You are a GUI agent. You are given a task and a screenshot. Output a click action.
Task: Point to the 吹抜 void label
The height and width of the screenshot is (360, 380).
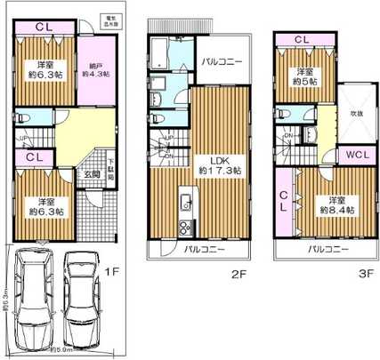click(x=353, y=113)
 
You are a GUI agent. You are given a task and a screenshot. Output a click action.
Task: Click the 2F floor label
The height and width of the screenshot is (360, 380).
click(x=239, y=276)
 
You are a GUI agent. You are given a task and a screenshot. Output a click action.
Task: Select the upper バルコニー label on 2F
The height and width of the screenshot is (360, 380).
click(x=222, y=61)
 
